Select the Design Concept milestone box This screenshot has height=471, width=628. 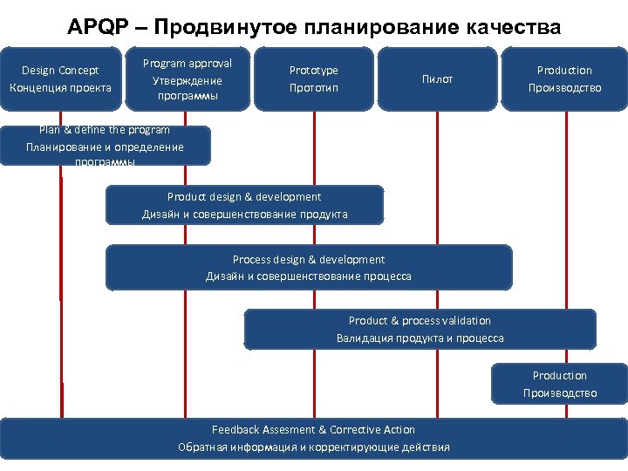(60, 78)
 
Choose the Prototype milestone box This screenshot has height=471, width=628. (314, 78)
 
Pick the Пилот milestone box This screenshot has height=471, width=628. (437, 78)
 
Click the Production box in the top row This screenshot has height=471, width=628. (563, 78)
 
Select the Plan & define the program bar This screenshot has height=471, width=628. (105, 146)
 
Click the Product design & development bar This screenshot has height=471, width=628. (244, 205)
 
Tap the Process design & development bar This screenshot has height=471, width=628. (309, 268)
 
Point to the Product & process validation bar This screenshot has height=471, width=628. (420, 329)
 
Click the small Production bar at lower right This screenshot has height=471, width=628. (559, 384)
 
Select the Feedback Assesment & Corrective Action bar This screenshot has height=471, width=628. (313, 438)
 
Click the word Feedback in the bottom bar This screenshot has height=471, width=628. (235, 429)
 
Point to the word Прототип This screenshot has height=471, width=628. (314, 88)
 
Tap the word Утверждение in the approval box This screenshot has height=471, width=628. (188, 81)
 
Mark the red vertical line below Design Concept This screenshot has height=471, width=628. (62, 288)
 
